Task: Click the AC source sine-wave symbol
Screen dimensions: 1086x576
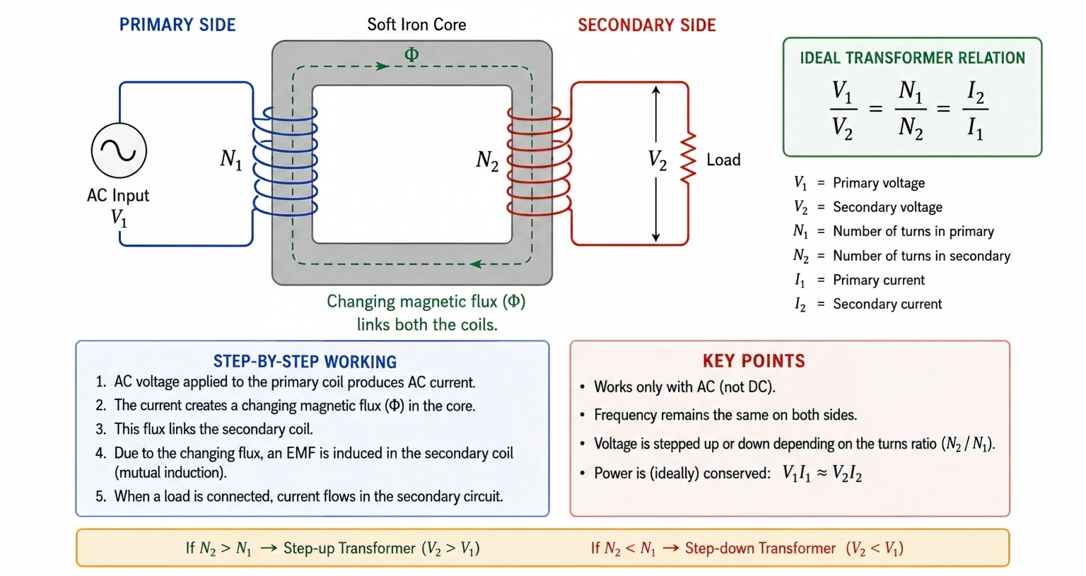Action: pyautogui.click(x=119, y=151)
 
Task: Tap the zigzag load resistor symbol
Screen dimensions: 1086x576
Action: pyautogui.click(x=689, y=158)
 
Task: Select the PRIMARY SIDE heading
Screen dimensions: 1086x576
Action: pyautogui.click(x=177, y=25)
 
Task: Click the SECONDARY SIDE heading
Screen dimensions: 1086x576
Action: pyautogui.click(x=647, y=25)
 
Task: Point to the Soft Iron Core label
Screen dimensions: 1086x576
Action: pyautogui.click(x=416, y=24)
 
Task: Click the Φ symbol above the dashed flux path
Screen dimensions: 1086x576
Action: pyautogui.click(x=411, y=54)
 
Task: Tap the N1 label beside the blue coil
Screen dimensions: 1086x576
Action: pyautogui.click(x=230, y=160)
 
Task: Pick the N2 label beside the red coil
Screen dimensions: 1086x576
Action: pyautogui.click(x=487, y=160)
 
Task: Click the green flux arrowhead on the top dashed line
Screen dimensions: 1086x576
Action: pyautogui.click(x=383, y=66)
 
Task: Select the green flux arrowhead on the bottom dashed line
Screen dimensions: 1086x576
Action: pyautogui.click(x=477, y=264)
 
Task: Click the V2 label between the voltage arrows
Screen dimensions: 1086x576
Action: pyautogui.click(x=658, y=160)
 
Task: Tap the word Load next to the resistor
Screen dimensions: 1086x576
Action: pyautogui.click(x=723, y=160)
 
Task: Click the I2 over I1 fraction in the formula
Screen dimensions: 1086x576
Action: pyautogui.click(x=976, y=110)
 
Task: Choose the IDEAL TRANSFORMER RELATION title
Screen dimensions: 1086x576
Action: pyautogui.click(x=913, y=58)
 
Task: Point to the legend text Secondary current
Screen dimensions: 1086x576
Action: pyautogui.click(x=887, y=304)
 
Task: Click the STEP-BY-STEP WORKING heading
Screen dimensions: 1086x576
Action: pyautogui.click(x=305, y=362)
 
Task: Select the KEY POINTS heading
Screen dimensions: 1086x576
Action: pyautogui.click(x=754, y=361)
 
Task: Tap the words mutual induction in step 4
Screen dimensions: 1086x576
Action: pyautogui.click(x=170, y=472)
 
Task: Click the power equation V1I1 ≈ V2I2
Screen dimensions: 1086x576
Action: pyautogui.click(x=822, y=474)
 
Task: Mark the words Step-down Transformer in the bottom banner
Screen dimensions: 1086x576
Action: pyautogui.click(x=760, y=548)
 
